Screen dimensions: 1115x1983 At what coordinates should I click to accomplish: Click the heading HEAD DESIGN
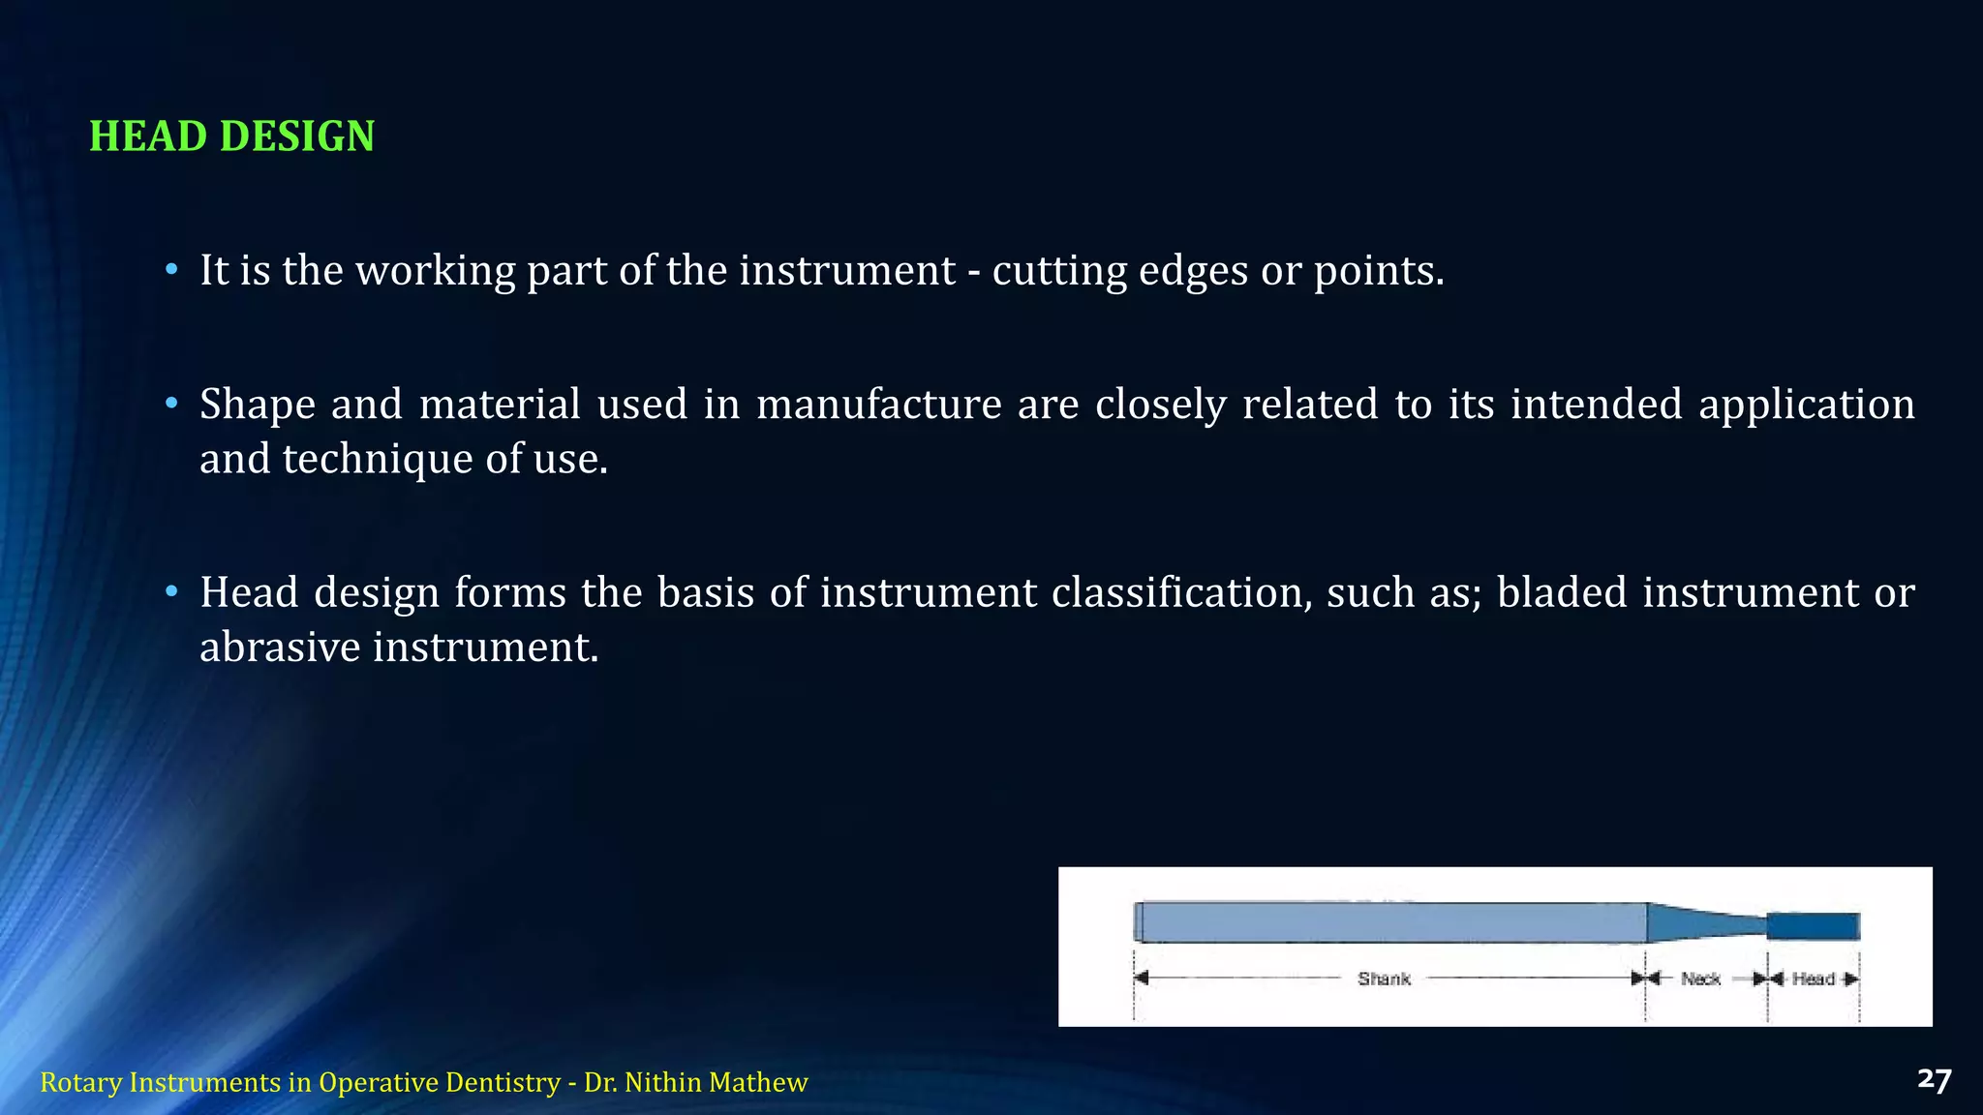(231, 136)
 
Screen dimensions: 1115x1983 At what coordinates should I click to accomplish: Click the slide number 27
(1934, 1080)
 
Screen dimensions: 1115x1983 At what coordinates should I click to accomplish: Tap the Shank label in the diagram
(1384, 979)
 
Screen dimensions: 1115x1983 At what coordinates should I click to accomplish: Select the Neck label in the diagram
(1700, 979)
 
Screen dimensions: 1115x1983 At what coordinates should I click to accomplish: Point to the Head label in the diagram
(1813, 979)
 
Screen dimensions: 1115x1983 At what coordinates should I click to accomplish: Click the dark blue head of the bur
(1813, 926)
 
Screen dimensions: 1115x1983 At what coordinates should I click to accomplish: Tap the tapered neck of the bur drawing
(1704, 922)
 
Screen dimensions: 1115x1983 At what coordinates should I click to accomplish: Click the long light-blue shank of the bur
(1389, 921)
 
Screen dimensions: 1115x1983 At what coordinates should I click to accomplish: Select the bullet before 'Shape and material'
(171, 403)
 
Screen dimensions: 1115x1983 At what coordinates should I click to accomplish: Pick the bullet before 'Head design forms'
(171, 591)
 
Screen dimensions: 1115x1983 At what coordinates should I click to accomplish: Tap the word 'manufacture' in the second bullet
(878, 404)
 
